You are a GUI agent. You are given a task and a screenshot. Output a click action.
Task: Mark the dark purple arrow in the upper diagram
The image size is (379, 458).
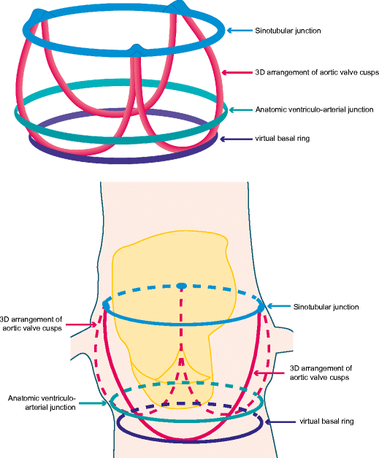(x=234, y=139)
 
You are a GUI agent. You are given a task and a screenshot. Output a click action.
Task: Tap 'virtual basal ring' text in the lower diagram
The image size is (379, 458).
(x=328, y=422)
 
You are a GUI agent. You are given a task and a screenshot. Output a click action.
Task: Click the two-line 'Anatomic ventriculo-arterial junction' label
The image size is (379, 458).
(x=44, y=403)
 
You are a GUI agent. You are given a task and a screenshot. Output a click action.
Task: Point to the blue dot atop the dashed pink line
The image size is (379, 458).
(x=183, y=284)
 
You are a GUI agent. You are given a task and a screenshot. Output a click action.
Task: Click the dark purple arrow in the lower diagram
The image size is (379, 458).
(x=280, y=422)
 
